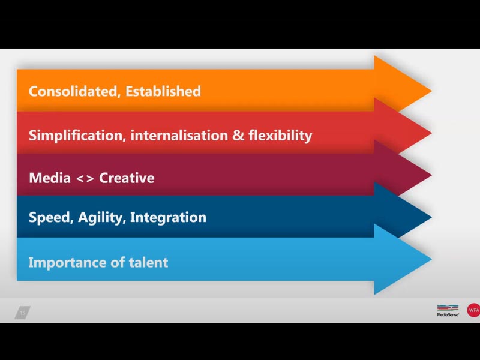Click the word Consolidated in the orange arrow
click(x=73, y=91)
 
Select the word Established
click(x=163, y=91)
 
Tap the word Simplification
click(x=77, y=136)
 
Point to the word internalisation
click(x=179, y=136)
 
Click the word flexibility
click(x=280, y=136)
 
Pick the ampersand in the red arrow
click(x=238, y=136)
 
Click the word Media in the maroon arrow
click(x=50, y=178)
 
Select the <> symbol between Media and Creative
click(x=85, y=179)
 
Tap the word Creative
click(x=127, y=178)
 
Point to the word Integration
click(x=169, y=217)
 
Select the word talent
click(x=148, y=262)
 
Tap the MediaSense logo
click(x=448, y=310)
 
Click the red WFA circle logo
click(x=473, y=310)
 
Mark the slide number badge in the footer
click(x=23, y=313)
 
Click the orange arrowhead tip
click(x=431, y=91)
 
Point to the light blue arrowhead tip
click(x=431, y=259)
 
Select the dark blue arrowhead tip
click(x=431, y=217)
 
